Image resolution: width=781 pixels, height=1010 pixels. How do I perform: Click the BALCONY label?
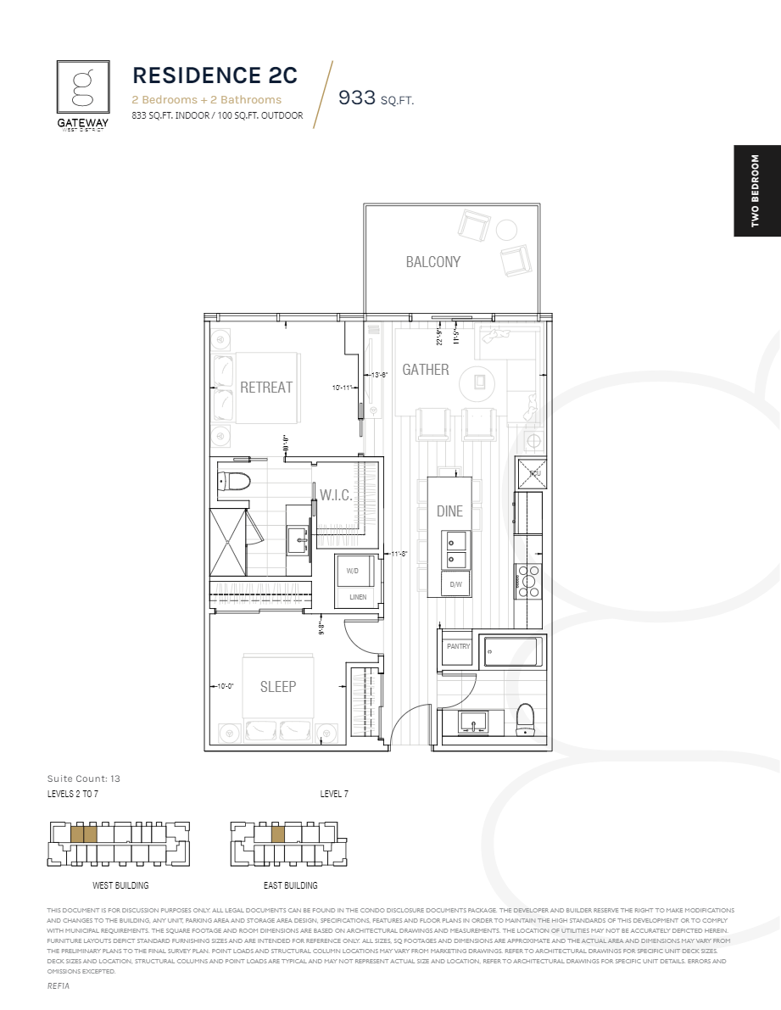(x=432, y=262)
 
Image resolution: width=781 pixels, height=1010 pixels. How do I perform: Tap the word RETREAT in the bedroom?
(x=265, y=388)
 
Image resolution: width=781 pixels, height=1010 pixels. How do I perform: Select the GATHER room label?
(x=425, y=370)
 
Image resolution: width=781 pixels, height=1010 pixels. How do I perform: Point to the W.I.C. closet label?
(x=336, y=494)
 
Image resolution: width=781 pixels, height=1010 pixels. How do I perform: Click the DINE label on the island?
(x=449, y=511)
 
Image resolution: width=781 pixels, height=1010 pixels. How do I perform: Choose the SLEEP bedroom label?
(x=277, y=687)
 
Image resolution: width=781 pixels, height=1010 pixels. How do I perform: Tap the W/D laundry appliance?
(x=352, y=572)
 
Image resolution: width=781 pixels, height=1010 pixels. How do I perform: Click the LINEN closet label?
(x=358, y=597)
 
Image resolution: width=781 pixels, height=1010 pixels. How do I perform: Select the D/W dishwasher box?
(x=455, y=584)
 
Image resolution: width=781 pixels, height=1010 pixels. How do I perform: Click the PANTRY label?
(x=458, y=647)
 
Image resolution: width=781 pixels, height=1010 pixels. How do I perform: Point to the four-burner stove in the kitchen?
(x=528, y=583)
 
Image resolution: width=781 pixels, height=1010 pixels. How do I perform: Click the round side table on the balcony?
(x=506, y=230)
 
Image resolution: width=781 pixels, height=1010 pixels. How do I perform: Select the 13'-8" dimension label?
(x=379, y=375)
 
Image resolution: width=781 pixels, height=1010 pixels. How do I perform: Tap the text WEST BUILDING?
(x=120, y=885)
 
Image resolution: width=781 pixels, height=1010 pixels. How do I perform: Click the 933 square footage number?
(x=356, y=98)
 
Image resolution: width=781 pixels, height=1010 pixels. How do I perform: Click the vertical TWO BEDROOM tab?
(x=755, y=190)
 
